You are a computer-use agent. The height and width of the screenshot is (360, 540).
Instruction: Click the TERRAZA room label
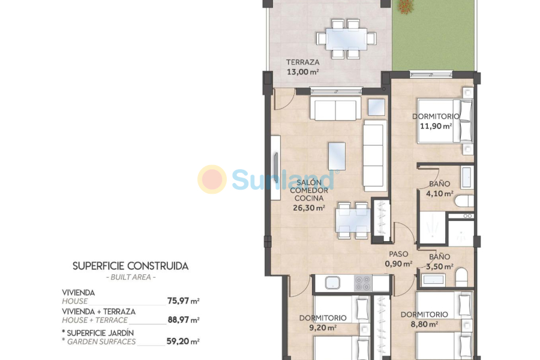click(x=302, y=62)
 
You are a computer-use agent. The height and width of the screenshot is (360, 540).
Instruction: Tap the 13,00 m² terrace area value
click(x=302, y=71)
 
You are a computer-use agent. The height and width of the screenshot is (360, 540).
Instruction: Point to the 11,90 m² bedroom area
click(x=436, y=126)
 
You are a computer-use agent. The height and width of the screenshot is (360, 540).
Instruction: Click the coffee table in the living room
click(x=337, y=155)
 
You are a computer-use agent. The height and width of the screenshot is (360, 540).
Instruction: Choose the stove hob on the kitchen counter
click(x=363, y=283)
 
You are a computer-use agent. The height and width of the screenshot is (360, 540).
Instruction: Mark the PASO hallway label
click(x=398, y=254)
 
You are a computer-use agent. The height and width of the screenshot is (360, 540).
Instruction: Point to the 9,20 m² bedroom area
click(x=323, y=328)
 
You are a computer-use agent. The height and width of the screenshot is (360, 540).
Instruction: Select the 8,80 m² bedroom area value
click(x=424, y=324)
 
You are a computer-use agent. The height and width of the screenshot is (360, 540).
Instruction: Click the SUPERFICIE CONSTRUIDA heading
click(x=130, y=265)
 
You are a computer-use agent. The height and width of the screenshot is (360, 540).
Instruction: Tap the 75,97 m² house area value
click(x=183, y=301)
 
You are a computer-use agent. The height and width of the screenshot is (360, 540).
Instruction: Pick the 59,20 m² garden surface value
click(x=183, y=342)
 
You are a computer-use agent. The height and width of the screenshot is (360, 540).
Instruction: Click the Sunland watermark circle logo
click(x=212, y=179)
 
